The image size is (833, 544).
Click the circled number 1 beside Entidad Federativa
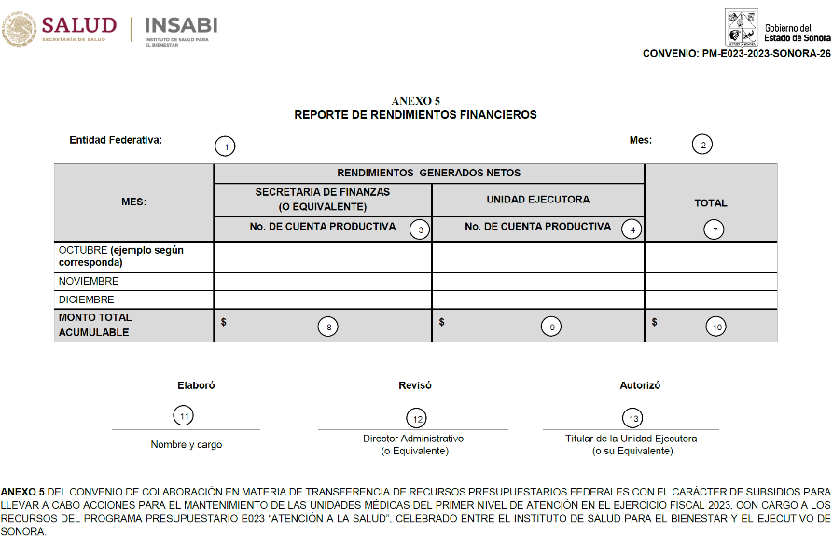pyautogui.click(x=224, y=146)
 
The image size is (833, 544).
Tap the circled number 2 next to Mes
pyautogui.click(x=701, y=144)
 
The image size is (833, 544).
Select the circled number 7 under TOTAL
pyautogui.click(x=714, y=230)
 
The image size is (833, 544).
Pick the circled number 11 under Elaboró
pyautogui.click(x=185, y=415)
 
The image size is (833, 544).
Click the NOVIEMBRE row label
pyautogui.click(x=89, y=281)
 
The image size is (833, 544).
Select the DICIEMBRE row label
pyautogui.click(x=87, y=300)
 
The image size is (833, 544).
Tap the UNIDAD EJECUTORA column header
pyautogui.click(x=537, y=200)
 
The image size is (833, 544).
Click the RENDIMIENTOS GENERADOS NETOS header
pyautogui.click(x=429, y=173)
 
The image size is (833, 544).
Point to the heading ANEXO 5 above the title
pyautogui.click(x=416, y=100)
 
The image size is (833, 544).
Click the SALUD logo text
pyautogui.click(x=79, y=25)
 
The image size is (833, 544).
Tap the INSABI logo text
pyautogui.click(x=183, y=25)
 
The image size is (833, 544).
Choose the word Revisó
pyautogui.click(x=415, y=385)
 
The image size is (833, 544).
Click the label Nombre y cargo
pyautogui.click(x=187, y=445)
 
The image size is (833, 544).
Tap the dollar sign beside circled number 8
pyautogui.click(x=224, y=322)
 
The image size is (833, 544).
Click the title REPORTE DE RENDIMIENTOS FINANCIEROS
pyautogui.click(x=415, y=115)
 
